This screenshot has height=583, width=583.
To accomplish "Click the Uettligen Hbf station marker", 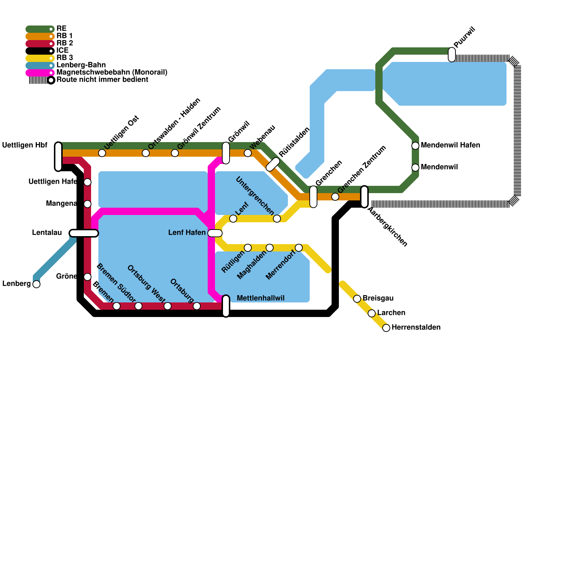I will click(58, 157).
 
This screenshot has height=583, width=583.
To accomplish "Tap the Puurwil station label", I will click(465, 37).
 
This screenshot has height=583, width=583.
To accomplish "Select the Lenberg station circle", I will click(36, 284).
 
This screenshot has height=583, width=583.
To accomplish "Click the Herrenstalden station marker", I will click(386, 328).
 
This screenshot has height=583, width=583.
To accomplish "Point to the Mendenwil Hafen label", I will click(450, 145).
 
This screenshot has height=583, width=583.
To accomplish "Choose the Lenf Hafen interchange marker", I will click(215, 233).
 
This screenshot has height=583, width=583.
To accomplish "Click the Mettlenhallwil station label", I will click(260, 298).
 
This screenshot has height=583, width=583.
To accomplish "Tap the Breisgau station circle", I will click(357, 299).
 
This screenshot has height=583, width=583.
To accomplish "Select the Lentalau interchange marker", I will click(84, 233).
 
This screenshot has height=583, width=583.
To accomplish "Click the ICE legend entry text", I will click(62, 51).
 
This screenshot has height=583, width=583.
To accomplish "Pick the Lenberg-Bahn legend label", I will click(81, 65).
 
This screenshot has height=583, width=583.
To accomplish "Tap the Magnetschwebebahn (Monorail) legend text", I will click(111, 73).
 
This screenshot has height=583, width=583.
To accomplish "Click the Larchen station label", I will click(391, 313).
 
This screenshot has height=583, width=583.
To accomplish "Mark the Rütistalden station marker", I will click(273, 164).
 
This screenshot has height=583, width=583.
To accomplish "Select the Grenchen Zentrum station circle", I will click(335, 197).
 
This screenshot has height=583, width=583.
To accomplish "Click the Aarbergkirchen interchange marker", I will click(364, 197).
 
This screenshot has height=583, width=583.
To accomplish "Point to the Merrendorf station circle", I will click(299, 248).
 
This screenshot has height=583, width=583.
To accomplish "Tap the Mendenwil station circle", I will click(415, 168).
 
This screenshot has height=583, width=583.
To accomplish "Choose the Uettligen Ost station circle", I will click(102, 153).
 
